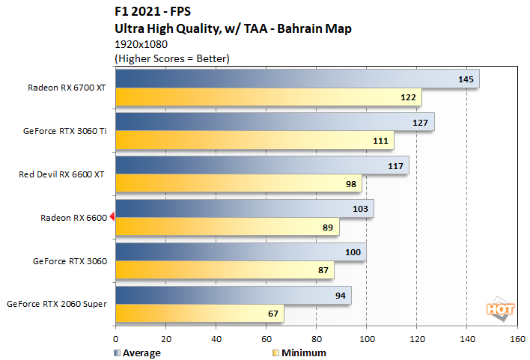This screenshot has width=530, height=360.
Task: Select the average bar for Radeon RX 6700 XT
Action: [297, 79]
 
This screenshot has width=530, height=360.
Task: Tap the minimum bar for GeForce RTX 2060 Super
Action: [199, 314]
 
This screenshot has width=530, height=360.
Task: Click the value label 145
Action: [466, 79]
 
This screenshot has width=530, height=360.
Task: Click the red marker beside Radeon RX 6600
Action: [112, 217]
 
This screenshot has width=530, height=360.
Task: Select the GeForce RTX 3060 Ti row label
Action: [65, 131]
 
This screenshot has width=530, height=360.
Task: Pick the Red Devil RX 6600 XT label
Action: [62, 174]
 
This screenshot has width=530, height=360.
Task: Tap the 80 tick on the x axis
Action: [316, 338]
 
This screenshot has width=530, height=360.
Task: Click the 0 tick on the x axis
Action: [115, 338]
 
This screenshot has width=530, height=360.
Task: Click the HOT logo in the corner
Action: [499, 308]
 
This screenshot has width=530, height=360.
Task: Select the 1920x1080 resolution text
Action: [140, 44]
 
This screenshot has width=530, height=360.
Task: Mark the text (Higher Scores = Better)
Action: [171, 58]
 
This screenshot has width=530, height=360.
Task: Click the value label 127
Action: [421, 122]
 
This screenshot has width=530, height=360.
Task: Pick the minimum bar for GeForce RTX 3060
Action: [225, 270]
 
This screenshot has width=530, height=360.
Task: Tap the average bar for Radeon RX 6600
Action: [244, 209]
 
